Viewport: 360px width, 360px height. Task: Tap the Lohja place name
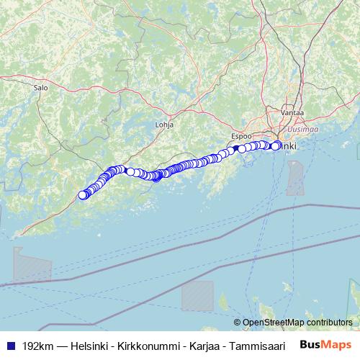165,124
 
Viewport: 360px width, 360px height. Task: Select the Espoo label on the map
241,135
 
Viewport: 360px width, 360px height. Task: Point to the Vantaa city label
293,113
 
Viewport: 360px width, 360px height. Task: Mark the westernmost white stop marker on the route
82,194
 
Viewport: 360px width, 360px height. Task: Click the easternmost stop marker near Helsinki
276,145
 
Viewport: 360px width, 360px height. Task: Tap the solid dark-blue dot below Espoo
235,148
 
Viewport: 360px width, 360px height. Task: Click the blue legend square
9,345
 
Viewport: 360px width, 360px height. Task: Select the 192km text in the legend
37,345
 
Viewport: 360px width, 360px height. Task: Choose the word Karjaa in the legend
197,345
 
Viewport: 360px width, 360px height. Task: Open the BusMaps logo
325,344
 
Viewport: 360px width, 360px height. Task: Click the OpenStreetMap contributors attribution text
297,323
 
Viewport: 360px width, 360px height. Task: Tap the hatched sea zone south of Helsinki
295,178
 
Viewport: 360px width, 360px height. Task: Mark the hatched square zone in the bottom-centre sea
197,295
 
